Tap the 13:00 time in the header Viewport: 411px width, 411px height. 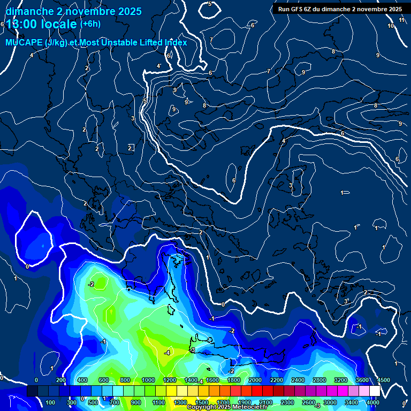pos(24,25)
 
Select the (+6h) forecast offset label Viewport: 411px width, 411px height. pos(90,24)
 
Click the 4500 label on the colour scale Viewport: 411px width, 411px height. pos(383,380)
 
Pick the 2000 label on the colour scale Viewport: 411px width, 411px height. pos(255,380)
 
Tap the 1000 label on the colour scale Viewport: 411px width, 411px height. pos(148,380)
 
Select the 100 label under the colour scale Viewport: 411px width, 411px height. pos(51,402)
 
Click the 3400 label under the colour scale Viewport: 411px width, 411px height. pos(352,402)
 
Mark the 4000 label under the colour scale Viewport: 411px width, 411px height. pos(373,402)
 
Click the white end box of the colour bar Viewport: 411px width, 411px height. pos(375,391)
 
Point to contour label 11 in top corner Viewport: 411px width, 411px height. pos(402,20)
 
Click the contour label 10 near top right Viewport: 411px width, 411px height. pos(391,26)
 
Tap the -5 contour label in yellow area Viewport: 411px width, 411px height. pos(192,350)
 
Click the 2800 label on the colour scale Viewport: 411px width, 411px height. pos(319,380)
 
